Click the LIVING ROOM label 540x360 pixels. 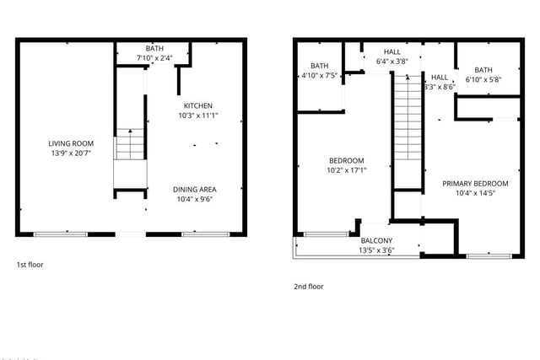pyautogui.click(x=71, y=143)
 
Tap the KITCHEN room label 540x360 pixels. pyautogui.click(x=198, y=105)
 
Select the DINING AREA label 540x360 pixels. pyautogui.click(x=195, y=190)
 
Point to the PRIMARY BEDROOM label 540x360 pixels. pyautogui.click(x=475, y=184)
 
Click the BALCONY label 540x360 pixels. pyautogui.click(x=376, y=240)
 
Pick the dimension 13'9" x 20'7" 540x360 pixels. pyautogui.click(x=71, y=153)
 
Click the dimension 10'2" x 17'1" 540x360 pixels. pyautogui.click(x=347, y=170)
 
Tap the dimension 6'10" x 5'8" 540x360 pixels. pyautogui.click(x=483, y=79)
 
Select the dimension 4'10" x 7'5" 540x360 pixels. pyautogui.click(x=319, y=75)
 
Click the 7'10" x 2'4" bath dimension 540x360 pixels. pyautogui.click(x=154, y=58)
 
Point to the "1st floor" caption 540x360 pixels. pyautogui.click(x=30, y=265)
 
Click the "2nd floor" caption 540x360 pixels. pyautogui.click(x=309, y=287)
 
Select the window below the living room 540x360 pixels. pyautogui.click(x=60, y=234)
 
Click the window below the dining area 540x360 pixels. pyautogui.click(x=206, y=234)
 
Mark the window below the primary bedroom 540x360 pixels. pyautogui.click(x=489, y=256)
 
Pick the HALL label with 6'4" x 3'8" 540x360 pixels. pyautogui.click(x=391, y=52)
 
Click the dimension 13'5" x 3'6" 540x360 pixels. pyautogui.click(x=376, y=250)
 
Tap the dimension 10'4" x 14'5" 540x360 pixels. pyautogui.click(x=475, y=193)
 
